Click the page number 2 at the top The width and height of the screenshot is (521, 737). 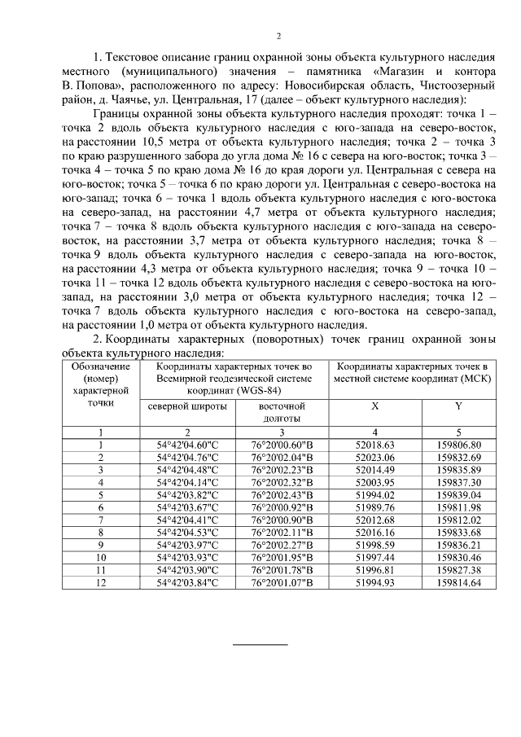pyautogui.click(x=278, y=36)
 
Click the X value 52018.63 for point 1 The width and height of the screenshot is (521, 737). pyautogui.click(x=375, y=445)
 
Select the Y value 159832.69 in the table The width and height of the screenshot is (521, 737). pyautogui.click(x=459, y=458)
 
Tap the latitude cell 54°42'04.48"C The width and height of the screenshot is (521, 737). pyautogui.click(x=188, y=470)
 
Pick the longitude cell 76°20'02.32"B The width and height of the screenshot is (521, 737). pyautogui.click(x=282, y=483)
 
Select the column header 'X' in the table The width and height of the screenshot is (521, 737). pyautogui.click(x=375, y=406)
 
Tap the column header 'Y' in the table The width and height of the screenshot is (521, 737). pyautogui.click(x=459, y=406)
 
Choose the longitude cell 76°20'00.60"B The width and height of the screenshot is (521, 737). pyautogui.click(x=282, y=445)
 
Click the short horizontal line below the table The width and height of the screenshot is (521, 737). pyautogui.click(x=261, y=645)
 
